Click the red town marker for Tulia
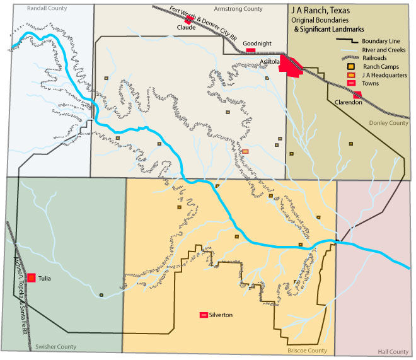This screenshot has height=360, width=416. [30, 277]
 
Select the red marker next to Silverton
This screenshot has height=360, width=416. [204, 315]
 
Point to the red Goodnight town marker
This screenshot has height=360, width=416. [250, 50]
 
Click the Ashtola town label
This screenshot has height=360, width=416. [271, 61]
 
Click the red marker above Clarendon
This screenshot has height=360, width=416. [357, 95]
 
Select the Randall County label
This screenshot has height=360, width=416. [47, 8]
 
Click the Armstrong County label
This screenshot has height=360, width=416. [238, 9]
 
